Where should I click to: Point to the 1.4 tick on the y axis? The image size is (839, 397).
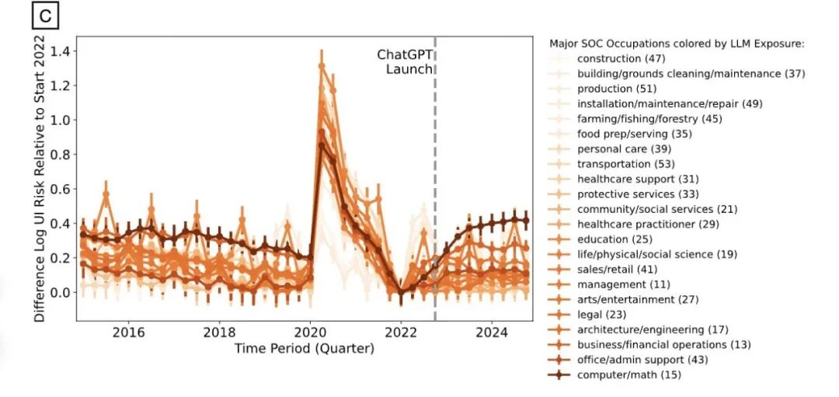[59, 52]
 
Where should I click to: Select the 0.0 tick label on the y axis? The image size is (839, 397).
[59, 292]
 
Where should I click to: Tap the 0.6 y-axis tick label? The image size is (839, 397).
[59, 189]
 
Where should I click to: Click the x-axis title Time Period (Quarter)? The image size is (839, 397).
[305, 349]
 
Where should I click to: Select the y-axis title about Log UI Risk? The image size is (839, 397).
[40, 178]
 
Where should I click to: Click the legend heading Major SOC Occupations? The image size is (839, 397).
[676, 44]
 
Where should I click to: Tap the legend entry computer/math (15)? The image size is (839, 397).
[629, 374]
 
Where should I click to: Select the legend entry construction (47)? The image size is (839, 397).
[619, 58]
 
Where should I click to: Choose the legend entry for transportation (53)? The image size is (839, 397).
[625, 164]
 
